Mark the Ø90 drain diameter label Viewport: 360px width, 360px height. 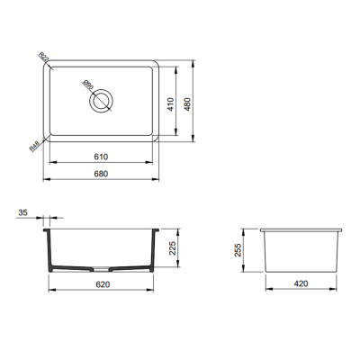pos(88,87)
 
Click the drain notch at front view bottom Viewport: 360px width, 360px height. pos(102,269)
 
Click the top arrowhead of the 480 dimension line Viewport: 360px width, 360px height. pos(196,64)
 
